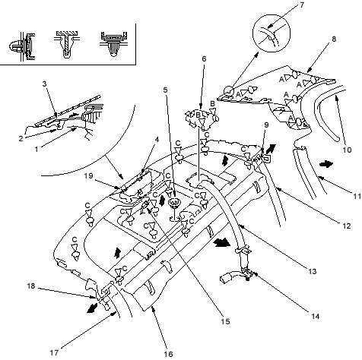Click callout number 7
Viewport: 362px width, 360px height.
click(x=302, y=5)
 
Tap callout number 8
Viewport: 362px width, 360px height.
click(x=334, y=39)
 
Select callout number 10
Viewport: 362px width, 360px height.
click(x=347, y=150)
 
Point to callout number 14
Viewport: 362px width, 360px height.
click(x=315, y=316)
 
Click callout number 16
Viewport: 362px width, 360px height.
click(x=168, y=354)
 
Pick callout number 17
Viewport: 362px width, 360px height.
click(x=54, y=352)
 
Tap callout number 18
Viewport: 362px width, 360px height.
click(x=31, y=286)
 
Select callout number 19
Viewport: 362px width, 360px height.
click(x=88, y=175)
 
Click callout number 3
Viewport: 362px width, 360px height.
click(x=44, y=84)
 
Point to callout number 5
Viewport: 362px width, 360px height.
click(x=165, y=90)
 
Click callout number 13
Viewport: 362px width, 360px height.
click(x=313, y=272)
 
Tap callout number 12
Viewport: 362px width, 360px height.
click(x=346, y=226)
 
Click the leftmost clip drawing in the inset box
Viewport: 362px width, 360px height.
click(x=22, y=47)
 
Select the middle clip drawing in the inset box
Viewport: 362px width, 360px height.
click(x=66, y=45)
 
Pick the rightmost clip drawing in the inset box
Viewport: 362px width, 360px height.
click(x=114, y=44)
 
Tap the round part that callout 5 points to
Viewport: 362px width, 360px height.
click(x=174, y=203)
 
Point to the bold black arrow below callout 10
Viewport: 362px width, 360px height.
click(x=326, y=164)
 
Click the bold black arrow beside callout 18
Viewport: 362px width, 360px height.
click(x=92, y=308)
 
